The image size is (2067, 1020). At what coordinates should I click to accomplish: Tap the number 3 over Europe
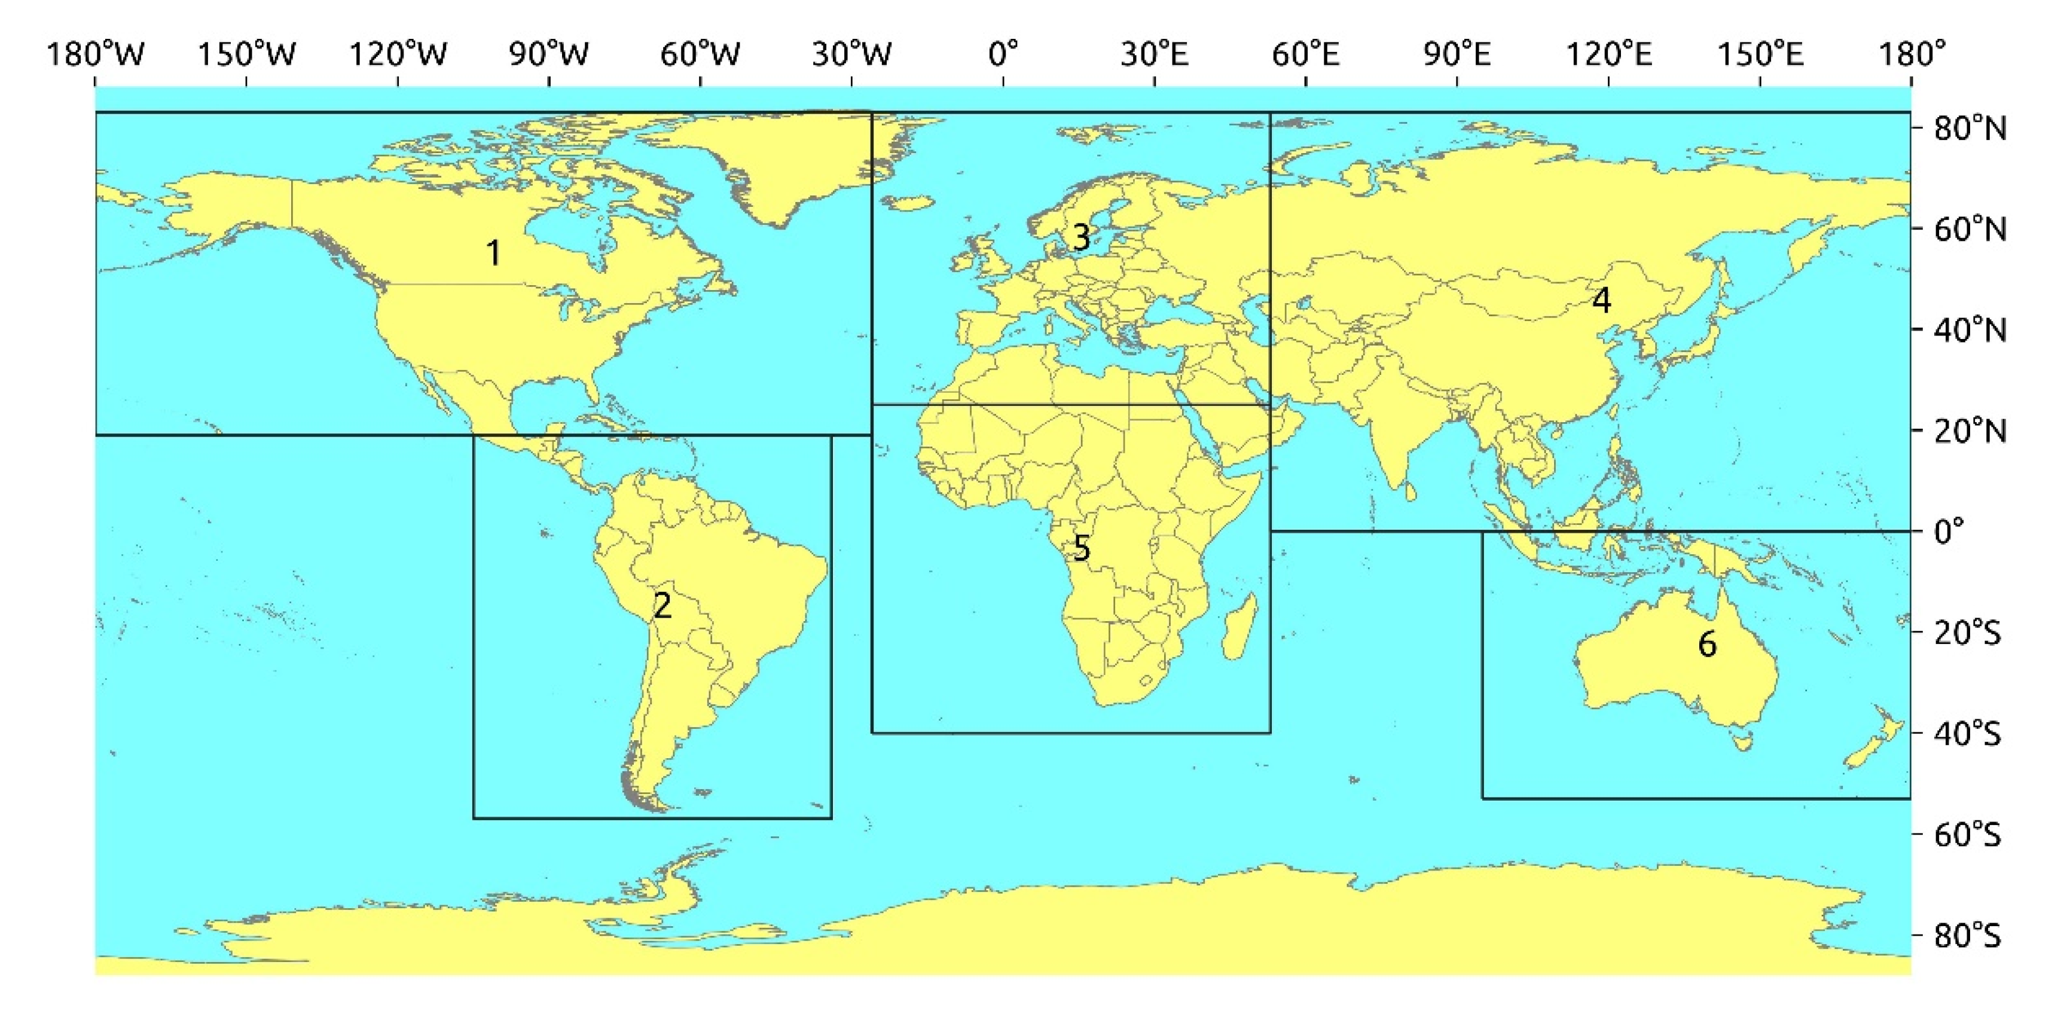1081,237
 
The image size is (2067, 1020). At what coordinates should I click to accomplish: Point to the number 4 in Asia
1601,300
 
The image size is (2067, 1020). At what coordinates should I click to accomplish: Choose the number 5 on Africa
1082,549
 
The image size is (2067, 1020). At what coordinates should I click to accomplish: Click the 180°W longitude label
96,54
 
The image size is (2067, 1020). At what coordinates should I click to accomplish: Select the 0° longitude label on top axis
1003,54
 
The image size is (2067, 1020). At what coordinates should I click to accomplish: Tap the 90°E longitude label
1457,54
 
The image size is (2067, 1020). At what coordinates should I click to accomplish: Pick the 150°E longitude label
1760,54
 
